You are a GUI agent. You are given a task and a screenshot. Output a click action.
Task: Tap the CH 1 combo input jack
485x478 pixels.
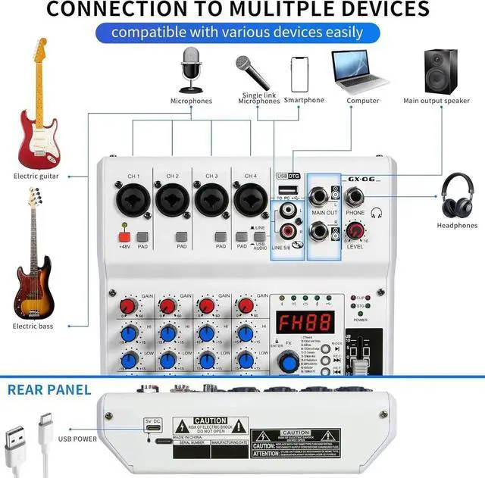pos(133,202)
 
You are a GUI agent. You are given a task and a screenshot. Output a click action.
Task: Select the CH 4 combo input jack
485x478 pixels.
pos(249,202)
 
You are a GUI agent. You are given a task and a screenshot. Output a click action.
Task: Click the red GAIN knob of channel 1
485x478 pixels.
pos(127,306)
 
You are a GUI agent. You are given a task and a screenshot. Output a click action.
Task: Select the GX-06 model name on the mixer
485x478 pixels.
pos(363,178)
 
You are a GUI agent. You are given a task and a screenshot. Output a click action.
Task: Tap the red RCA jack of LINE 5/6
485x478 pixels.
pos(289,229)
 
